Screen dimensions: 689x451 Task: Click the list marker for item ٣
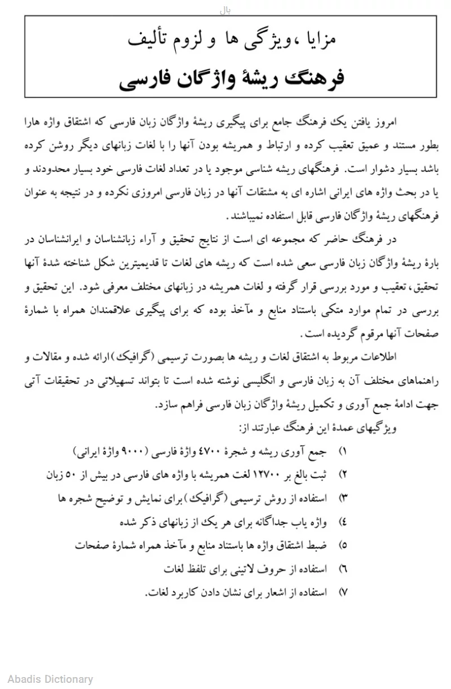click(342, 498)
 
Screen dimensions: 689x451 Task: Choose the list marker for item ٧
click(342, 593)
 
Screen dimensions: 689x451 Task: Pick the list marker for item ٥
click(342, 546)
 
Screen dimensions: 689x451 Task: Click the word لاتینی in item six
click(239, 570)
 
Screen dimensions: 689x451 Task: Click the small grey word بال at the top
click(225, 10)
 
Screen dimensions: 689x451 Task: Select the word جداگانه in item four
click(262, 522)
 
